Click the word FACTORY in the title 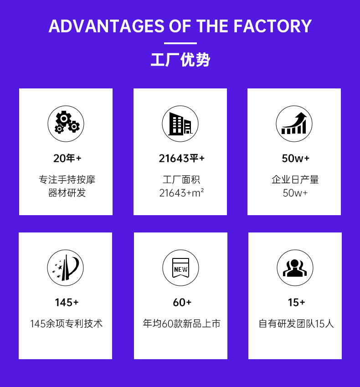click(x=273, y=26)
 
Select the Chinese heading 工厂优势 click(x=180, y=60)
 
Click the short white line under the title click(x=180, y=43)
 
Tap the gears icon click(x=66, y=124)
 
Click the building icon click(x=180, y=124)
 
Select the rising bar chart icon click(x=294, y=124)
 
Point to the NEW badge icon click(x=180, y=268)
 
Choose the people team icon click(x=295, y=268)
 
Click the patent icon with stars click(x=66, y=268)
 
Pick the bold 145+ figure click(x=67, y=302)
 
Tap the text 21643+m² click(x=181, y=193)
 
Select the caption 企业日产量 click(x=295, y=180)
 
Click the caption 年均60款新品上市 click(x=181, y=324)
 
